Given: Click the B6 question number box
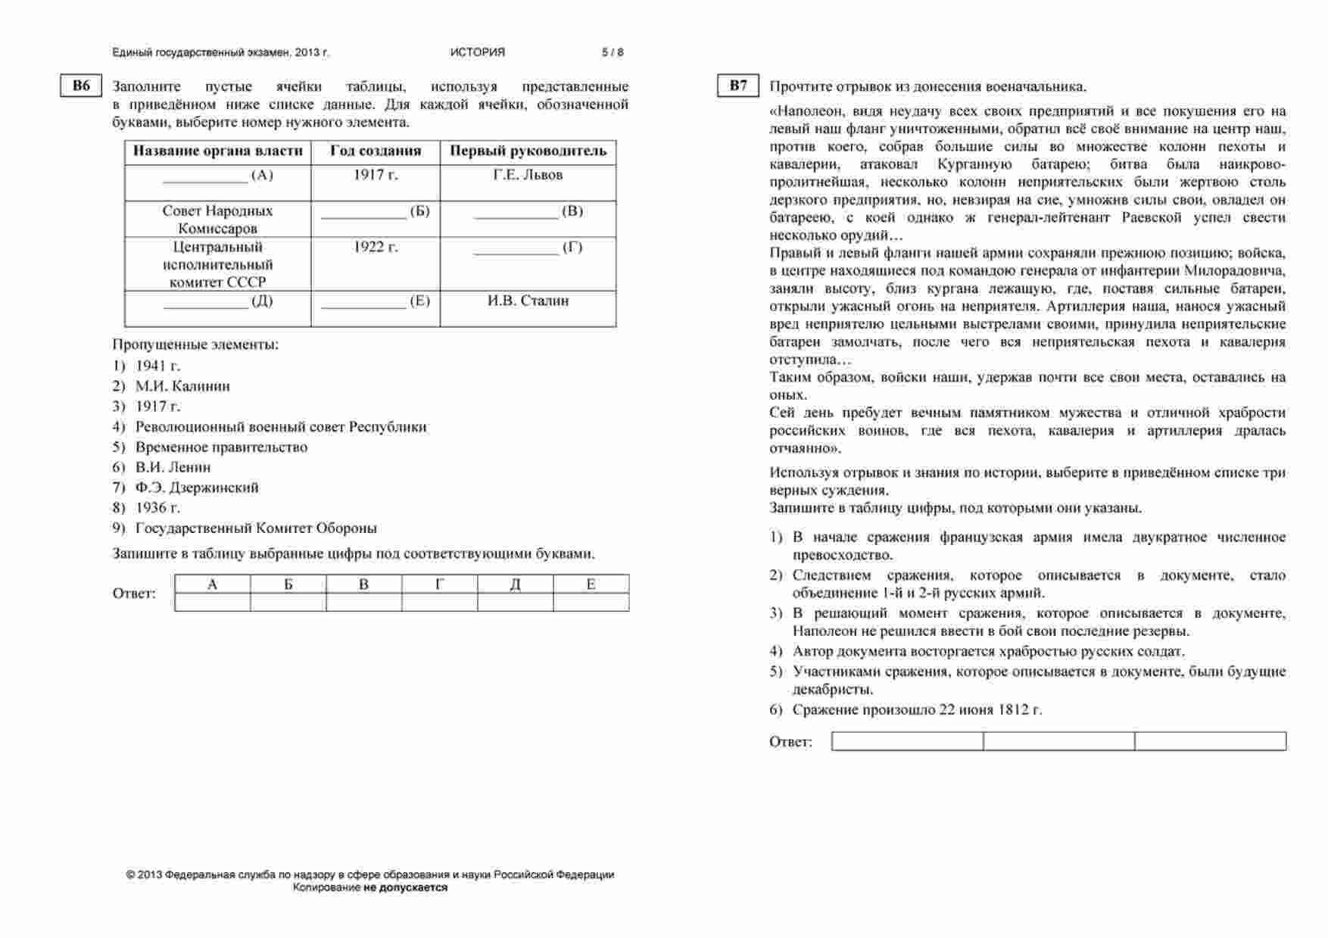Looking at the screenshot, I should click(81, 86).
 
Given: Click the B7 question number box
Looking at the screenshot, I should click(738, 86).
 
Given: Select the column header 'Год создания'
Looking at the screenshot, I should click(376, 151).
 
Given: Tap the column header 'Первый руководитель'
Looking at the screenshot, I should click(528, 151).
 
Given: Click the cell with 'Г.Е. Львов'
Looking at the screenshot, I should click(528, 175).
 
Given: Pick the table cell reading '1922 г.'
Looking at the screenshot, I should click(376, 248).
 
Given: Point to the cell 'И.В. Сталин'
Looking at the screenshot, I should click(528, 301).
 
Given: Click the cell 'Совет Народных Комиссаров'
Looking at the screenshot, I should click(217, 220).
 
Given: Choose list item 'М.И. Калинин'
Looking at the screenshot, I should click(182, 386).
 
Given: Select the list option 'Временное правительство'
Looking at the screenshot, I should click(221, 447).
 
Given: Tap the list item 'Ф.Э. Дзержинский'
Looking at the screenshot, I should click(197, 488).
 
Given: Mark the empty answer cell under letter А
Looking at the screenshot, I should click(213, 602).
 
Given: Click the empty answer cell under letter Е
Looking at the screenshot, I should click(591, 602).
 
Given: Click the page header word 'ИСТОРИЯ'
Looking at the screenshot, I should click(477, 52).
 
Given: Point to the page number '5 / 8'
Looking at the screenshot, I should click(613, 52).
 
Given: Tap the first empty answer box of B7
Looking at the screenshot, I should click(907, 741).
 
